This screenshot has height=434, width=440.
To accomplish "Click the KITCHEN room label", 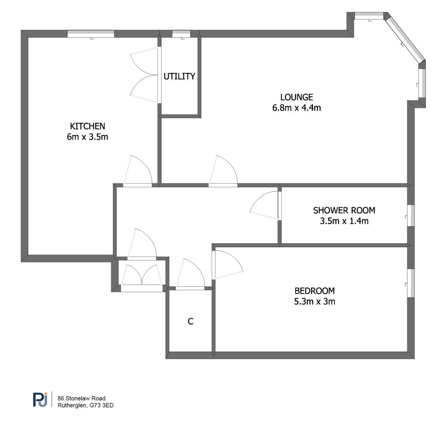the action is click(x=88, y=126).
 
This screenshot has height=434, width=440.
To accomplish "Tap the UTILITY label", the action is click(x=179, y=76).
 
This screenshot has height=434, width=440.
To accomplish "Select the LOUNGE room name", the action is click(x=296, y=97).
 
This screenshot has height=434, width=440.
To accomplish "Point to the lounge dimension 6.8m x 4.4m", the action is click(x=296, y=108).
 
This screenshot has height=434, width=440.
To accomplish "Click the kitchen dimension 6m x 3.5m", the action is click(x=88, y=137).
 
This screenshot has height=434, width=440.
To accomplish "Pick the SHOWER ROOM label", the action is click(x=344, y=210).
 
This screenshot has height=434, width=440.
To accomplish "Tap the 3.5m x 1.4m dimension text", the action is click(x=344, y=221).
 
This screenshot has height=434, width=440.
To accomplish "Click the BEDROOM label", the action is click(x=315, y=291).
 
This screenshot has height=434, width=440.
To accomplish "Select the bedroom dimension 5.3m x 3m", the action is click(x=315, y=301).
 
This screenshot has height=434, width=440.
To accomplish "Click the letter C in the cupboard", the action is click(x=190, y=321).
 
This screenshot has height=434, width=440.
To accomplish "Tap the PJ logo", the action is click(x=40, y=399).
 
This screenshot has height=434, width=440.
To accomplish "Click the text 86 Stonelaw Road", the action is click(x=81, y=398).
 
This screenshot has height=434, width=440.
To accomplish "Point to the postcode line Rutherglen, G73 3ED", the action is click(x=86, y=405).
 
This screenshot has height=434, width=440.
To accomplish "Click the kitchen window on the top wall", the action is click(x=91, y=33).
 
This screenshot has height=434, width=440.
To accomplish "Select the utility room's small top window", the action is click(x=181, y=33).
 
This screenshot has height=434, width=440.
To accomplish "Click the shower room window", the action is click(x=410, y=215).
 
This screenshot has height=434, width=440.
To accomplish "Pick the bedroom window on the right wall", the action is click(x=410, y=283).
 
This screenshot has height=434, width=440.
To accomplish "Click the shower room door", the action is click(x=264, y=206).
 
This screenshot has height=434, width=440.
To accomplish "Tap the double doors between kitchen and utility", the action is click(x=144, y=75).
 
